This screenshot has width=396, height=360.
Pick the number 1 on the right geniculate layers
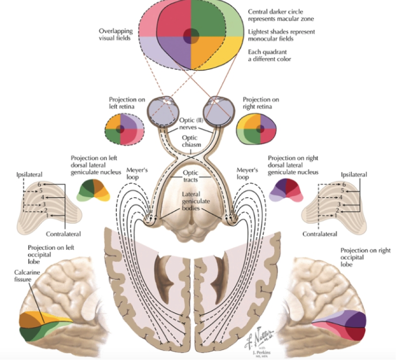[336, 215]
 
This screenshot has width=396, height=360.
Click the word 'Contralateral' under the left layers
[63, 234]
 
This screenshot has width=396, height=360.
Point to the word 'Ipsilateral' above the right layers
[353, 174]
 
